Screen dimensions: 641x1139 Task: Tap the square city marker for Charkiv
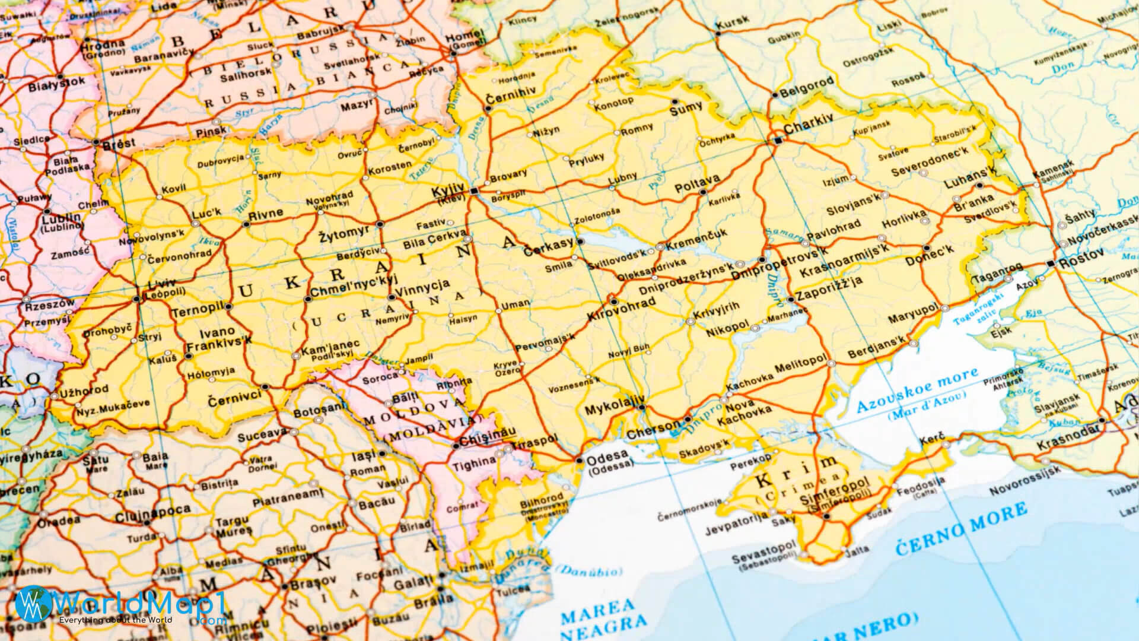coord(778,140)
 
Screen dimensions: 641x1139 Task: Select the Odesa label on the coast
coord(607,456)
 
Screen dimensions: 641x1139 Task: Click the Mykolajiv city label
coord(610,410)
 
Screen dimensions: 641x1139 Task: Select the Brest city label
coord(119,143)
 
